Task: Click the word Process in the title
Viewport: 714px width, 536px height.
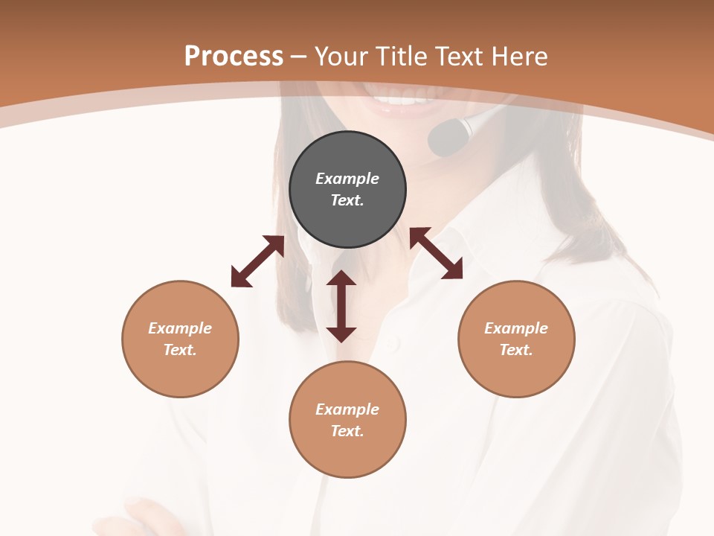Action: point(234,57)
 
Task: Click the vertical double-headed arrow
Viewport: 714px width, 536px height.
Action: point(341,306)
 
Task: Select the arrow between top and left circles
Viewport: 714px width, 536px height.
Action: point(257,261)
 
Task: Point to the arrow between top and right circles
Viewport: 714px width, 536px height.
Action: point(436,253)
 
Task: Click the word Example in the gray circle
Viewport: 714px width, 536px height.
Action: point(347,179)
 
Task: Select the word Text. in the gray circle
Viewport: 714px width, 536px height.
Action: point(347,200)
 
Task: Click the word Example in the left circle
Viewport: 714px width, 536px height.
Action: point(180,328)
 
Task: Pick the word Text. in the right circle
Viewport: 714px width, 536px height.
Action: point(516,350)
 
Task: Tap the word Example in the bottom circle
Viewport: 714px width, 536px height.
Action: point(347,409)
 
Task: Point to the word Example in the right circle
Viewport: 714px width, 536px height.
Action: point(516,328)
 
